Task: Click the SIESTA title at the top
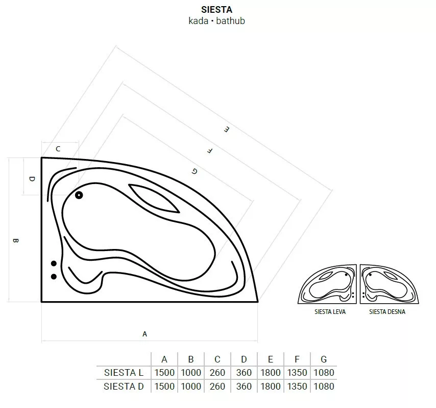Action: coord(216,10)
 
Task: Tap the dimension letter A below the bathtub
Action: coord(144,334)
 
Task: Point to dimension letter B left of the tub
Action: coord(15,240)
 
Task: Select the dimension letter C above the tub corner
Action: coord(58,149)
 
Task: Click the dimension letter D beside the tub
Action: coord(32,179)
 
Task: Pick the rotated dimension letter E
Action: coord(227,129)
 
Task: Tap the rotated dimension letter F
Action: coord(210,151)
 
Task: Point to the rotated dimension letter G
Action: coord(195,171)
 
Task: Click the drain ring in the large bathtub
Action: coord(79,195)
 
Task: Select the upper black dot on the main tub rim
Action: coord(54,263)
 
